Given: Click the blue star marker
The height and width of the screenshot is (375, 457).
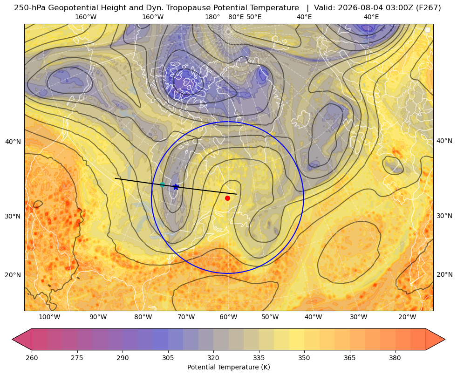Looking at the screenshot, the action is tap(176, 187).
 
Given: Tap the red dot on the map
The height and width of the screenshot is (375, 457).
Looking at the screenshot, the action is tap(228, 198).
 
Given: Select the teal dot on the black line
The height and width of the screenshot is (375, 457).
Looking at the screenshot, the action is tap(162, 184).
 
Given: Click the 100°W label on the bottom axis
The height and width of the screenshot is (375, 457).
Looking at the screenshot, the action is tap(49, 317).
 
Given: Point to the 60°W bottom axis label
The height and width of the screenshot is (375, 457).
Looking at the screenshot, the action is tap(228, 317).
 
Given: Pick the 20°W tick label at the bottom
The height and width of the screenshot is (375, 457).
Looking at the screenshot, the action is tap(407, 317).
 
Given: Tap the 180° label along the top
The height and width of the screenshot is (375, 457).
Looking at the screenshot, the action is tap(212, 17).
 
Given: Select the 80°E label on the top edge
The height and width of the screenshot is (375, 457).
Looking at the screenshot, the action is tap(236, 17).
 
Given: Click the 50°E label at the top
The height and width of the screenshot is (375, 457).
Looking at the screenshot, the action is tap(254, 17).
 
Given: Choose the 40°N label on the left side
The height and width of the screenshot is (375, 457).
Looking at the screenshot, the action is tap(13, 142).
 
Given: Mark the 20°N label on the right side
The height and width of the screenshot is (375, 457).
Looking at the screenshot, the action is tap(444, 274).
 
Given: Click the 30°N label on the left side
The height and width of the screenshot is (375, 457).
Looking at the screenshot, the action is tap(13, 216).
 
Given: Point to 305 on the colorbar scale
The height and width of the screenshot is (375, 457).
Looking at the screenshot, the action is tap(168, 358).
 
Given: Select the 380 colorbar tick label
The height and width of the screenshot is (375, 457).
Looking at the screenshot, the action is tap(395, 358).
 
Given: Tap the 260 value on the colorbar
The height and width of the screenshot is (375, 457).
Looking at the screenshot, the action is tap(32, 358).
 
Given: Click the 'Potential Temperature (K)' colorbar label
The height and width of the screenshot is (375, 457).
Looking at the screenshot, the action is tap(228, 367).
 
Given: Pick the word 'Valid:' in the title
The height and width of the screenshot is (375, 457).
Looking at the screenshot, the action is tap(323, 8).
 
